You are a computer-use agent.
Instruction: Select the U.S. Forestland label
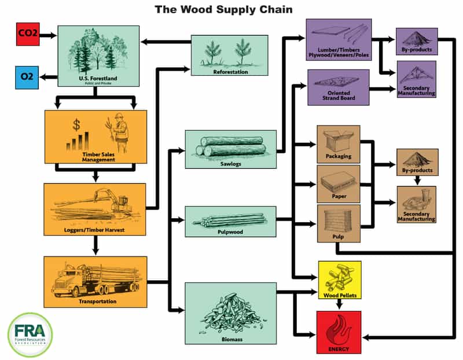pos(98,78)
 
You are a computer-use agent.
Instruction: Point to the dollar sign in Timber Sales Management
pos(76,124)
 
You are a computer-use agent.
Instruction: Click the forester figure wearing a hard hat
pos(118,128)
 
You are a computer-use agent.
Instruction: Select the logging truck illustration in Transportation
pos(95,281)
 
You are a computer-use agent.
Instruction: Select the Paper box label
pos(339,197)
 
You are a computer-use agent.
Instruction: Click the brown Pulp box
pos(339,223)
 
